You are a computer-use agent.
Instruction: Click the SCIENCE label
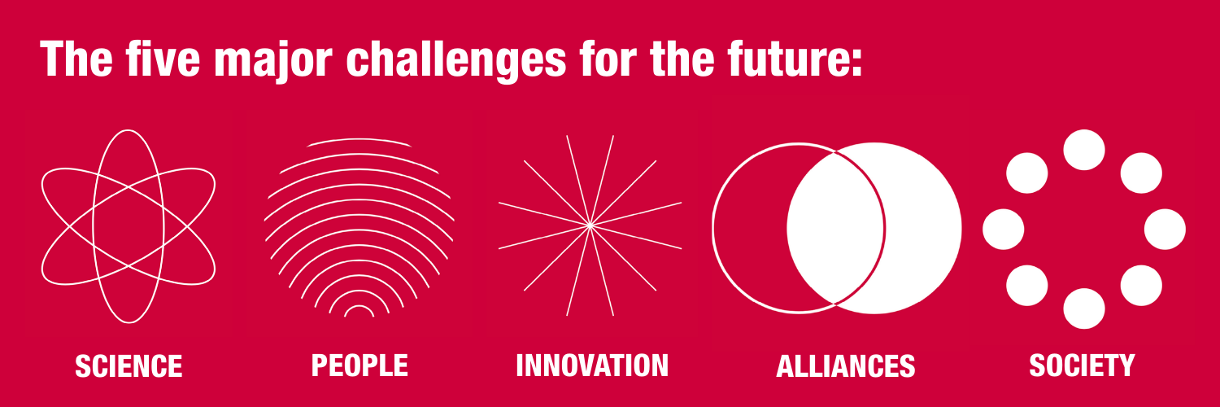point(129,365)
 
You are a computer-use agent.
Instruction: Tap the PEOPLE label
point(359,365)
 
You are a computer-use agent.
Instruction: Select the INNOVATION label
point(592,365)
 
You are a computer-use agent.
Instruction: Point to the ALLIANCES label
point(845,365)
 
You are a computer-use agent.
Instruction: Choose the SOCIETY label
point(1082,365)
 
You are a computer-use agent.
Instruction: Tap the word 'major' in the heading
point(273,61)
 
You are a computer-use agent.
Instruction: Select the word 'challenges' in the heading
point(456,61)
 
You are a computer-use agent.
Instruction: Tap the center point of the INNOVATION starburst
point(590,225)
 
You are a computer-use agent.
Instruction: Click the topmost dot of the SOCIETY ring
point(1084,150)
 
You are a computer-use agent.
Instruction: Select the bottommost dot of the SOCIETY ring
point(1084,309)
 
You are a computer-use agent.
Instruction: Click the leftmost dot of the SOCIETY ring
point(1003,230)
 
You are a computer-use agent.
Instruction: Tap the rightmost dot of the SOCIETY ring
point(1165,230)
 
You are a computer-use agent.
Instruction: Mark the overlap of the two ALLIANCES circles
point(836,228)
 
